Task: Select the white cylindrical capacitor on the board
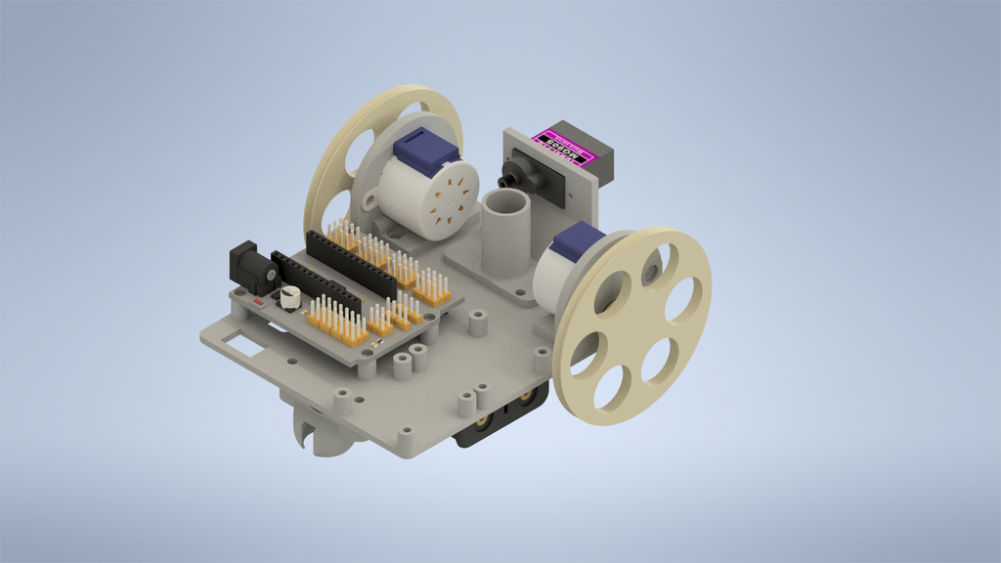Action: [x=290, y=297]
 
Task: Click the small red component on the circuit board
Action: [x=258, y=304]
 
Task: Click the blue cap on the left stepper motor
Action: [x=426, y=152]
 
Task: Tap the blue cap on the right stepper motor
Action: [x=579, y=241]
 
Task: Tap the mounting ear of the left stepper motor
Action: [x=372, y=202]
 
